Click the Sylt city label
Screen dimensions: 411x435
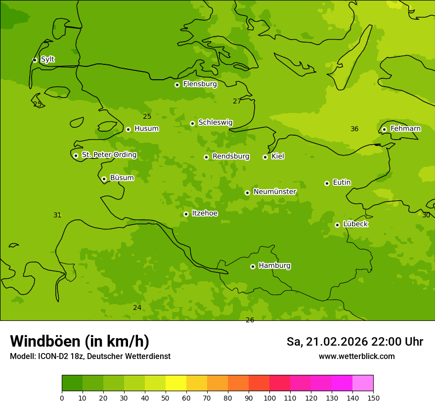[x=47, y=59]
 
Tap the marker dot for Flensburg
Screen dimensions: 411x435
[x=177, y=85]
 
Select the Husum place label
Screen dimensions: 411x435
[x=146, y=129]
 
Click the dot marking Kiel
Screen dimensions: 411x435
[x=265, y=157]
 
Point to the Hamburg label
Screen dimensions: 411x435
[x=274, y=266]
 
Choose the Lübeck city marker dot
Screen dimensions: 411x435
[x=337, y=225]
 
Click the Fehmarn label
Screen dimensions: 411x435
[x=405, y=129]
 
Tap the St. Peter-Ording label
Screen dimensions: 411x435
[x=109, y=155]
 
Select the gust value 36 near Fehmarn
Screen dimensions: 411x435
[x=354, y=129]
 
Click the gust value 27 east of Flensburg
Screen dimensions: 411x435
[x=237, y=102]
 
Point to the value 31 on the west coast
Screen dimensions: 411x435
[x=57, y=215]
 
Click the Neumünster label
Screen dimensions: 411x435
[x=274, y=192]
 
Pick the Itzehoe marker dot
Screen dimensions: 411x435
[x=186, y=214]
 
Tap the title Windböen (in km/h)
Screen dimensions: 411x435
[x=80, y=341]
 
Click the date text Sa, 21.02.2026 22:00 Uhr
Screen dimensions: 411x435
[x=354, y=342]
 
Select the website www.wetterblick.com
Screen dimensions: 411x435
[x=356, y=357]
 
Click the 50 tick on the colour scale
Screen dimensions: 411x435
[x=166, y=398]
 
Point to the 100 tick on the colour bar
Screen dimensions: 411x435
[x=269, y=398]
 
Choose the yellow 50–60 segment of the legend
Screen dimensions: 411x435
[x=176, y=383]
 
